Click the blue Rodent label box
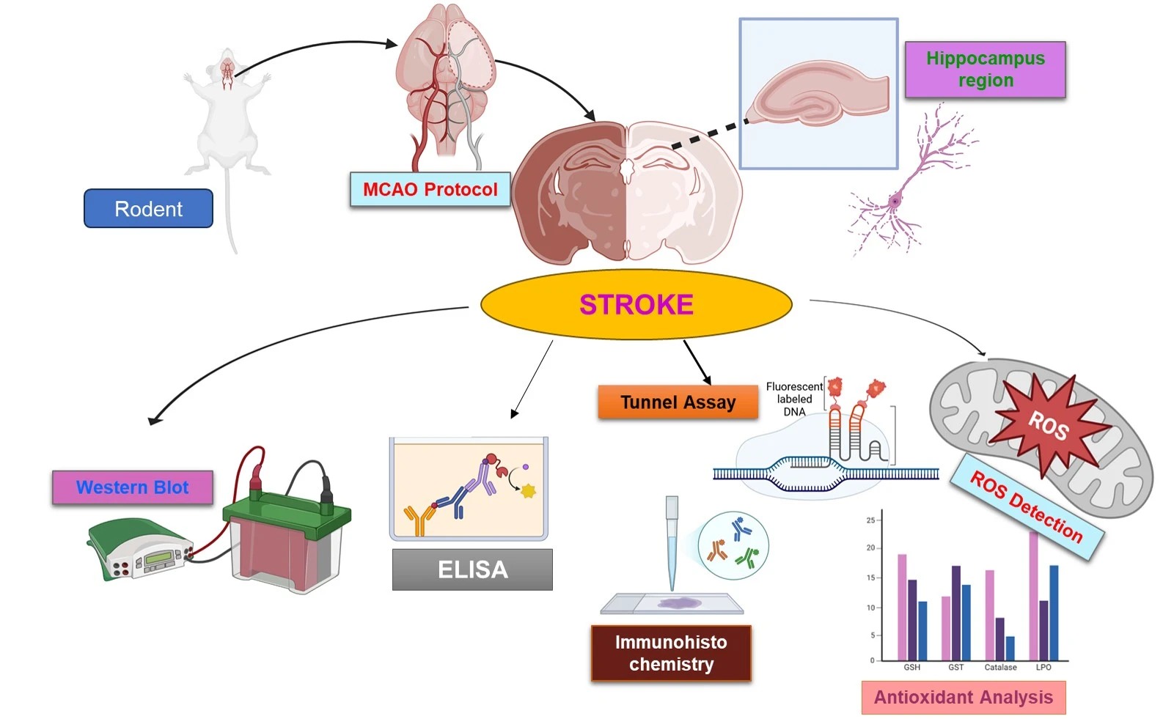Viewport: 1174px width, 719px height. [x=148, y=209]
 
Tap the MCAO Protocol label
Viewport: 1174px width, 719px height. [x=430, y=189]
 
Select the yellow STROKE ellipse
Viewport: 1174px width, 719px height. [x=636, y=304]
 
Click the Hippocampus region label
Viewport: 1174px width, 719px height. [x=985, y=70]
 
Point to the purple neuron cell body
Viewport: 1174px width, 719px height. [x=895, y=201]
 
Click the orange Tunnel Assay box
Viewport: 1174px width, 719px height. [x=678, y=402]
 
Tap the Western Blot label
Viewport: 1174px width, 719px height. [x=133, y=487]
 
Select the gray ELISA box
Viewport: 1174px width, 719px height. [x=472, y=569]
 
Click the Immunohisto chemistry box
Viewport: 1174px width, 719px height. [x=671, y=653]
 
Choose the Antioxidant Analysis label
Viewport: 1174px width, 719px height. [x=963, y=697]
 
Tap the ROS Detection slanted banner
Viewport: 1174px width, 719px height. [x=1026, y=506]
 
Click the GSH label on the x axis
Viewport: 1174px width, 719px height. [x=911, y=667]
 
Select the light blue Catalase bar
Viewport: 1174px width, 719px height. [x=1010, y=648]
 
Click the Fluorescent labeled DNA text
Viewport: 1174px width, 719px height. [x=793, y=399]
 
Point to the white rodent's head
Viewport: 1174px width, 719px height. [x=227, y=67]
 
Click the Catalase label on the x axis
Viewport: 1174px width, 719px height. [x=1000, y=667]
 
